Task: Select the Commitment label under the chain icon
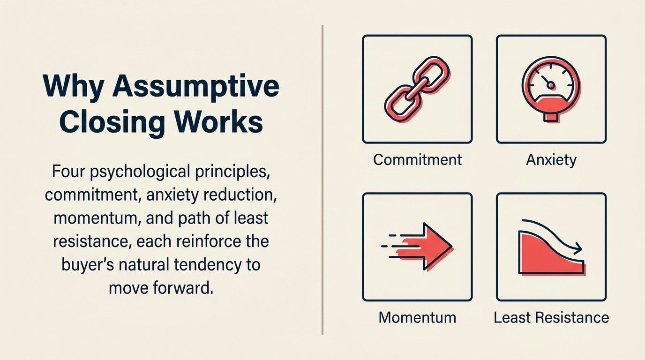pyautogui.click(x=417, y=160)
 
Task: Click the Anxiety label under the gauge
pyautogui.click(x=551, y=160)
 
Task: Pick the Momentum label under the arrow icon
pyautogui.click(x=417, y=317)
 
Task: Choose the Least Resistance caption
pyautogui.click(x=551, y=317)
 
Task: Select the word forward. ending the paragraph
pyautogui.click(x=187, y=287)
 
